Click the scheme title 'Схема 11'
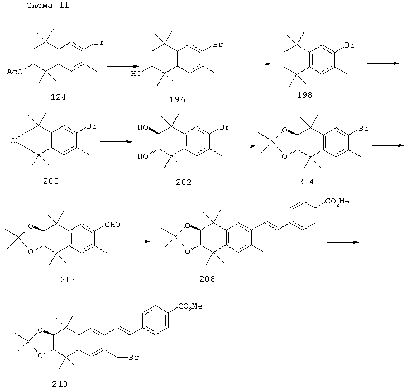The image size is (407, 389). (47, 6)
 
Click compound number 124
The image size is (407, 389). (58, 97)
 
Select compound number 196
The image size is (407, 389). (177, 99)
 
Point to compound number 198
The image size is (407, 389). (304, 95)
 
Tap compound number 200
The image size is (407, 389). (51, 181)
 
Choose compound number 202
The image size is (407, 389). (184, 182)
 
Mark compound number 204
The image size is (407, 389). (306, 182)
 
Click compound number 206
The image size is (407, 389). (69, 279)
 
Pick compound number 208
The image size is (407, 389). (207, 279)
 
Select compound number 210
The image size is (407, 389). (60, 384)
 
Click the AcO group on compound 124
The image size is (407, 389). (15, 72)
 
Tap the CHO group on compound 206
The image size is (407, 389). (112, 225)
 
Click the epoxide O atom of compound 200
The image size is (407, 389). (13, 141)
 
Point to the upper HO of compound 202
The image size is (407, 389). (143, 127)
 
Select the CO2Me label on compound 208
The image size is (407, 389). (337, 202)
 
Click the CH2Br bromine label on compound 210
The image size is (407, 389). (134, 358)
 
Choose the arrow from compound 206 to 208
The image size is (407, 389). (133, 241)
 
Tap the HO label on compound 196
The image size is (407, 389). (136, 74)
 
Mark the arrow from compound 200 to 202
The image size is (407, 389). (116, 141)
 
